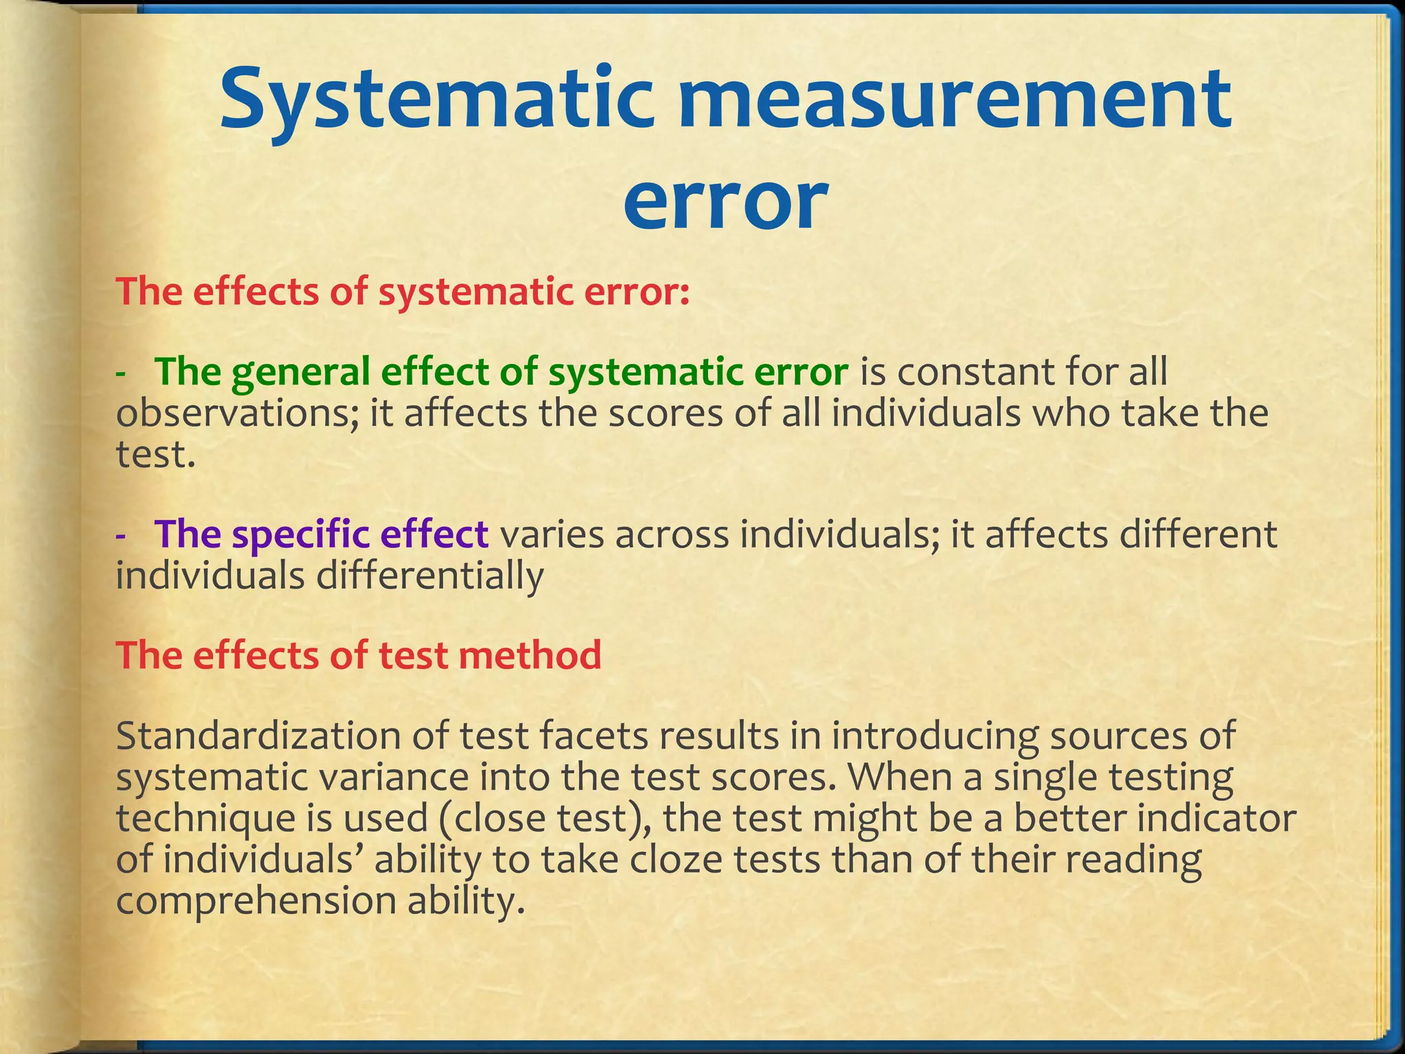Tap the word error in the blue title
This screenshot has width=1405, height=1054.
pyautogui.click(x=724, y=200)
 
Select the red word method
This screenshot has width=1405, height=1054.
pyautogui.click(x=530, y=655)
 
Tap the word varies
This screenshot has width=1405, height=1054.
pyautogui.click(x=552, y=535)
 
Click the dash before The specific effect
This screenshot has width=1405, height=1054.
pyautogui.click(x=121, y=536)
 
